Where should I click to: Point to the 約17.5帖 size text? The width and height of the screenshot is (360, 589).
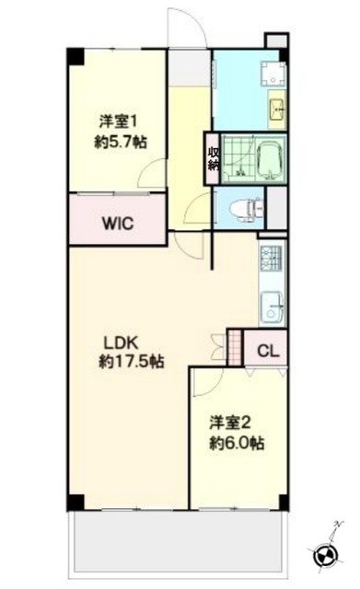132,364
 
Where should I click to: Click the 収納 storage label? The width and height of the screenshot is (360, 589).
213,158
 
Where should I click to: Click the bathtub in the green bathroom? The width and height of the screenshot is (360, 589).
272,157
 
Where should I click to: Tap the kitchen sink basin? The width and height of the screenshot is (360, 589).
272,308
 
